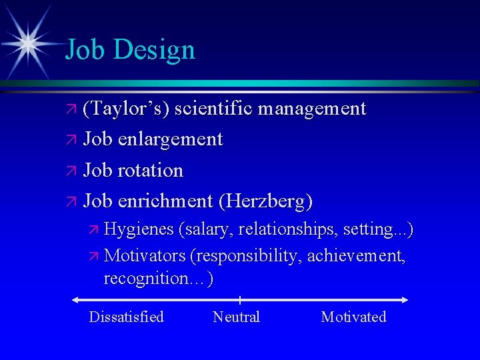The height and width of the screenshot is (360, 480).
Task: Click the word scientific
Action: (213, 108)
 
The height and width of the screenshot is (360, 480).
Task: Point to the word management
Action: (312, 108)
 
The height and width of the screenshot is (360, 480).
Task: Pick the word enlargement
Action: (169, 139)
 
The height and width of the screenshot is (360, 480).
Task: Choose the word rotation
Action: (150, 170)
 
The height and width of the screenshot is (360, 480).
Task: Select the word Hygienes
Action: (139, 230)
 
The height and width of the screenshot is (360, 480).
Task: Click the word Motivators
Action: (145, 255)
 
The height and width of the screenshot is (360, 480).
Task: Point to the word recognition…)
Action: (159, 278)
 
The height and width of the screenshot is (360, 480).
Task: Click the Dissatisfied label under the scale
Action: (126, 317)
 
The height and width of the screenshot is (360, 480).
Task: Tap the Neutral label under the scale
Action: (236, 317)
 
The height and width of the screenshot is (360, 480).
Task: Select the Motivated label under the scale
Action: (353, 317)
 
